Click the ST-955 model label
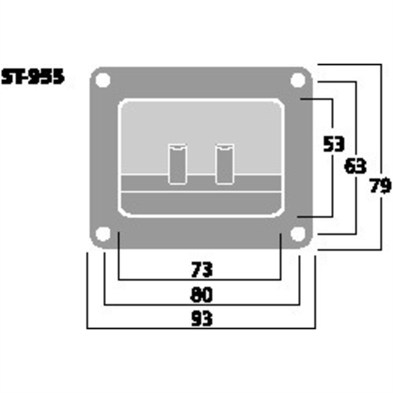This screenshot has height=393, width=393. (32, 77)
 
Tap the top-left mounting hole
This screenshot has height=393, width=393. (102, 81)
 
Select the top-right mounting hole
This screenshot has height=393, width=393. (299, 81)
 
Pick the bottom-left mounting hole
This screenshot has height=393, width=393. (102, 233)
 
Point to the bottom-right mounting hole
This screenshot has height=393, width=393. (299, 233)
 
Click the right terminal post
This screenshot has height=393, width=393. (224, 163)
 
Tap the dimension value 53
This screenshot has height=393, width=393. (335, 144)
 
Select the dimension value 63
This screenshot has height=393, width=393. (356, 166)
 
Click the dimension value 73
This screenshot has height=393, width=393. (200, 269)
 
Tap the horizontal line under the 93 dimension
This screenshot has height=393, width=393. (200, 328)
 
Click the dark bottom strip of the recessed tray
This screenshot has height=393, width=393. (200, 203)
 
